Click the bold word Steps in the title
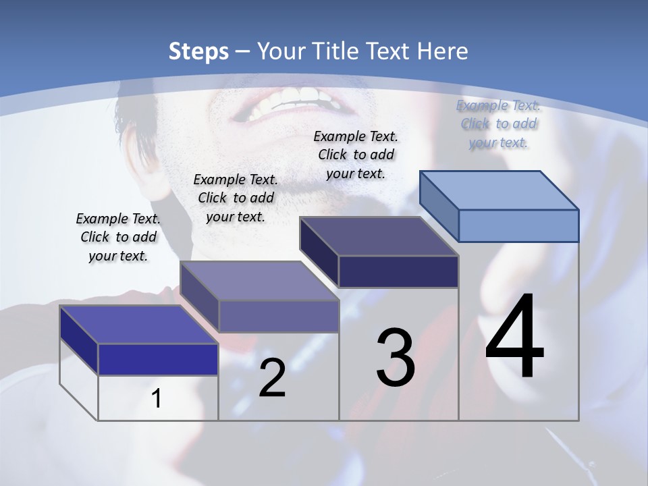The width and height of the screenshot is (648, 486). (198, 51)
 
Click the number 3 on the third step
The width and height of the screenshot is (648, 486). (396, 358)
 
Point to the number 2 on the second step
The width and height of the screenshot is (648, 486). (273, 378)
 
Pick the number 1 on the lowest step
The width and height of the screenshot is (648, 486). (157, 398)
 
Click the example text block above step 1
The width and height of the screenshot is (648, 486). (118, 237)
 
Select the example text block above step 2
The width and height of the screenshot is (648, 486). (236, 198)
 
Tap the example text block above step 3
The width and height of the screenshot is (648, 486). (356, 155)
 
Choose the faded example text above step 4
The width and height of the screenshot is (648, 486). (498, 124)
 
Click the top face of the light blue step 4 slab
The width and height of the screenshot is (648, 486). (500, 190)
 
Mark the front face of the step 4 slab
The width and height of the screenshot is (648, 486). (518, 225)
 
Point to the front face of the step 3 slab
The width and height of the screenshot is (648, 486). (398, 271)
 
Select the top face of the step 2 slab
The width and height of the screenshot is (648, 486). (259, 281)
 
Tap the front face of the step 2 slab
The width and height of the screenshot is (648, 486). (278, 316)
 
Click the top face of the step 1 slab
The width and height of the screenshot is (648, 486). (139, 325)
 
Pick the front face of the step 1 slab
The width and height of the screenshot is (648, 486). (158, 359)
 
